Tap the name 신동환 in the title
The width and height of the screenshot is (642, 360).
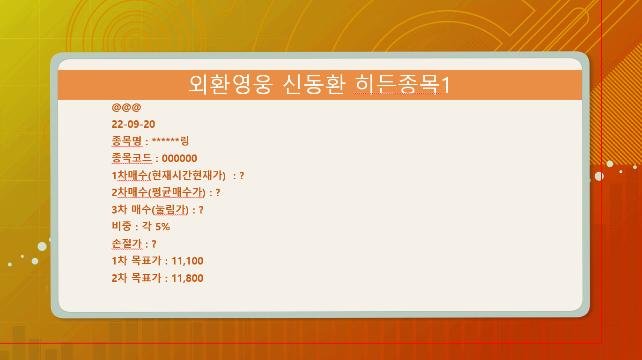[x=314, y=84]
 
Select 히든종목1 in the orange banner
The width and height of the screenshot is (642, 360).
[x=403, y=84]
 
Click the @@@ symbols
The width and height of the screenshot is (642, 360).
[x=126, y=107]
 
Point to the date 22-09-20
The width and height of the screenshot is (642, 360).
[x=133, y=124]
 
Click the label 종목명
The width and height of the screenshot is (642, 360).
[x=127, y=141]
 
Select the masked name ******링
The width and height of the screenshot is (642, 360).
[x=170, y=141]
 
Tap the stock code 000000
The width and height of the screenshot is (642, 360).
[x=179, y=158]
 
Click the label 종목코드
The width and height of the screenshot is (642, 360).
[x=132, y=158]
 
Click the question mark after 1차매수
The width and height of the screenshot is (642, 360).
[x=242, y=176]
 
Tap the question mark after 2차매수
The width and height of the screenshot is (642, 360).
[x=218, y=192]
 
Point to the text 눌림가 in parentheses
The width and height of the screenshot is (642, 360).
[x=170, y=210]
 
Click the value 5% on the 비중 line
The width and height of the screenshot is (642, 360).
[x=162, y=227]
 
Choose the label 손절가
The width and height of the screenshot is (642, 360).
[x=127, y=243]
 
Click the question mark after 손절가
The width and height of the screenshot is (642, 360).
[x=154, y=244]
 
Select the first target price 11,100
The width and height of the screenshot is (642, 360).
[x=187, y=261]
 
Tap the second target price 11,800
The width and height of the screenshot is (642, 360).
[x=187, y=278]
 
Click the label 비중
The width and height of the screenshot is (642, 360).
[x=122, y=227]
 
